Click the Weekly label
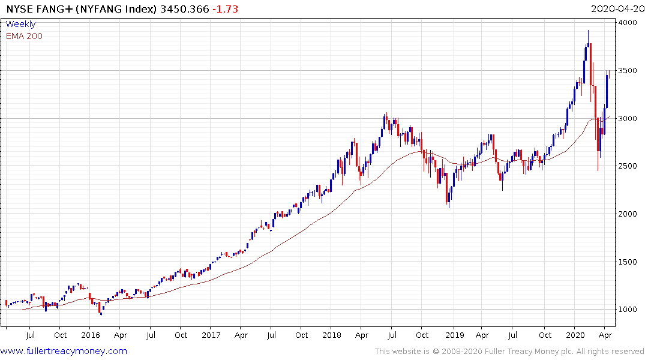coord(20,25)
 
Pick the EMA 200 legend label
coord(24,36)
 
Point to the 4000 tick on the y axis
coord(629,23)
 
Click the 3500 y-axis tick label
coord(629,71)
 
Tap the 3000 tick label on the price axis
coord(629,119)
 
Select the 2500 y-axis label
coord(629,166)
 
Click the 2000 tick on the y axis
coord(629,214)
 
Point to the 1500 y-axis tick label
coord(629,262)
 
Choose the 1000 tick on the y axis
coord(629,310)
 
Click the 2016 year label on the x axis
coord(91,335)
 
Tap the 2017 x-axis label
coord(212,335)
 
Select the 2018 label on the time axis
coord(332,335)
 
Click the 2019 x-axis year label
coord(454,335)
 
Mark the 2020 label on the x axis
coord(575,335)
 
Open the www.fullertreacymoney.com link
coord(64,351)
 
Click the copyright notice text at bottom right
coord(509,352)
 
